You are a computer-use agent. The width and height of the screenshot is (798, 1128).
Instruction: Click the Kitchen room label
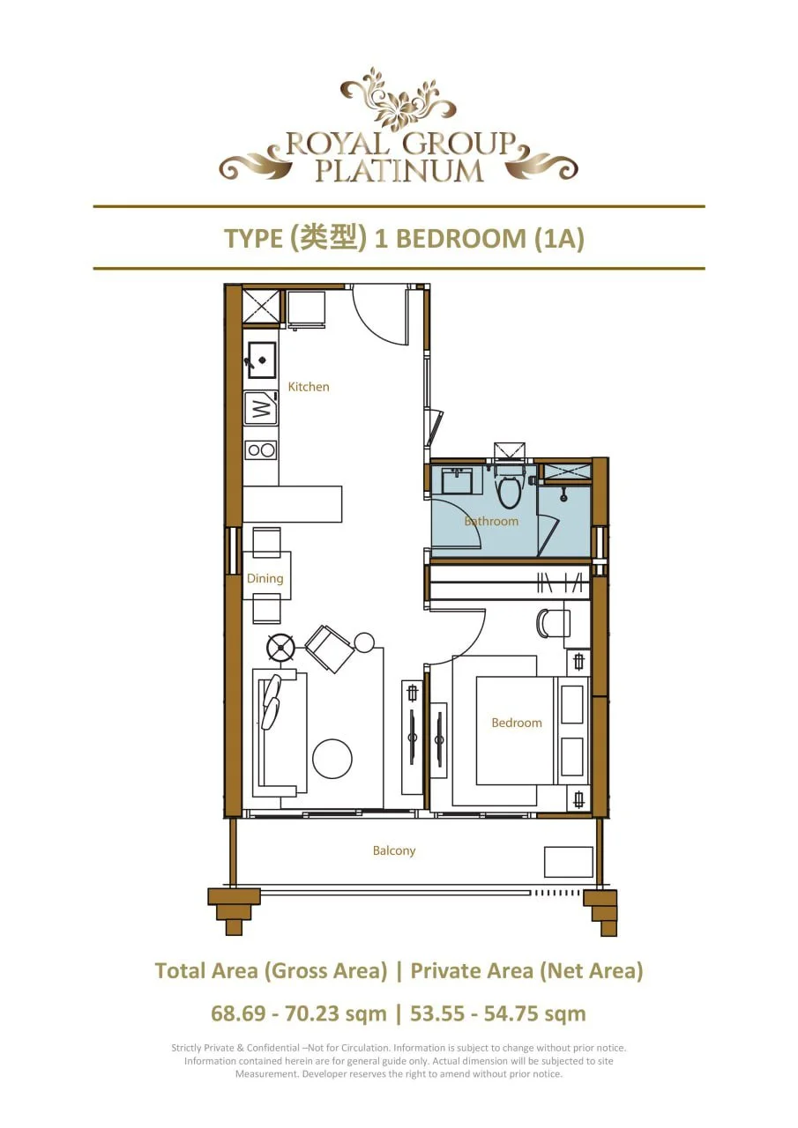coord(309,387)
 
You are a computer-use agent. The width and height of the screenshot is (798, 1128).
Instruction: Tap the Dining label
coord(265,579)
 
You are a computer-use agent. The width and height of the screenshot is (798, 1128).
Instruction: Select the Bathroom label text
coord(491,522)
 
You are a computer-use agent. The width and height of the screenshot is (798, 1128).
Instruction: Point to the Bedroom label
coord(517,724)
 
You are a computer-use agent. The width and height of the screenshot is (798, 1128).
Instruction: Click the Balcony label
coord(393,851)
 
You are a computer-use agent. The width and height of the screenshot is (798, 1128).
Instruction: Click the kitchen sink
coord(261,360)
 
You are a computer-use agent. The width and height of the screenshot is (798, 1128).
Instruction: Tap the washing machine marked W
coord(261,409)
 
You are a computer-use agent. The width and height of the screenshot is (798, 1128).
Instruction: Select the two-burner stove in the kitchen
coord(261,450)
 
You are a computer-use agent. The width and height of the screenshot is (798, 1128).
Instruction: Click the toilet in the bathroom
coord(509,490)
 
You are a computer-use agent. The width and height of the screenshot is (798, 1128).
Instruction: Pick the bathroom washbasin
coord(457,481)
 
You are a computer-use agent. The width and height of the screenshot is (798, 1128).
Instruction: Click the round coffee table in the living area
coord(332,758)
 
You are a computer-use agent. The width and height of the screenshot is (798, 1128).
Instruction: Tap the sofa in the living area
coord(279,731)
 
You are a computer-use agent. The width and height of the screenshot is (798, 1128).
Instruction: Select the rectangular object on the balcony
coord(568,862)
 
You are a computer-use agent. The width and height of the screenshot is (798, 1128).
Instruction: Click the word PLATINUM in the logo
coord(399,170)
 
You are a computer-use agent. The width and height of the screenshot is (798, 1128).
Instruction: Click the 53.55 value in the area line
coord(440,1013)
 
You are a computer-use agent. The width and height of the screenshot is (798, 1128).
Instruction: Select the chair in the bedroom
coord(553,623)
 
